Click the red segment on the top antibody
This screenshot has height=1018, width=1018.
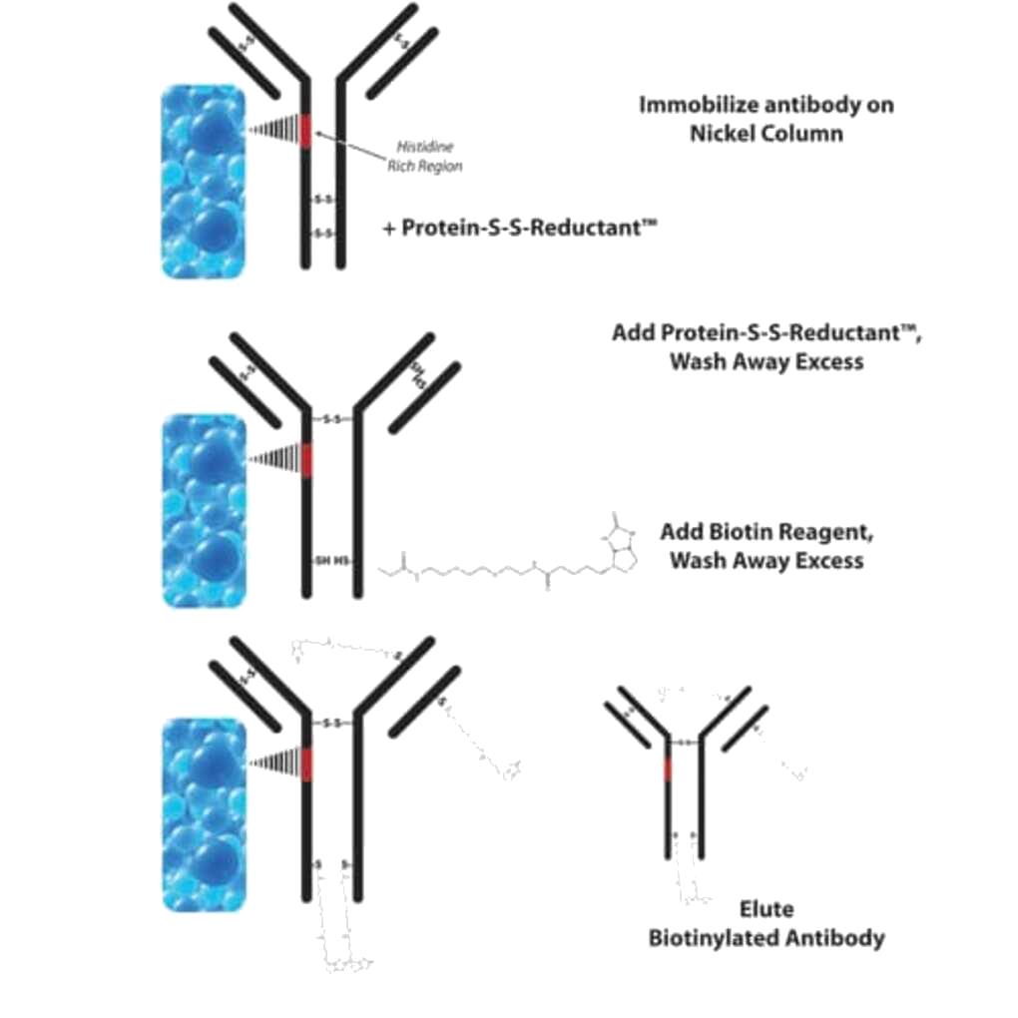(306, 133)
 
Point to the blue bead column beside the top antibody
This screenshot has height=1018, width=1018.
(203, 181)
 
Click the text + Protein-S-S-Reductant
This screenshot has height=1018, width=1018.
(519, 228)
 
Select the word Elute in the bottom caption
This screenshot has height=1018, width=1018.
(766, 909)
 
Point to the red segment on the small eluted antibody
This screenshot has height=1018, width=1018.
(667, 768)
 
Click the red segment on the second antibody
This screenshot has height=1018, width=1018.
(306, 460)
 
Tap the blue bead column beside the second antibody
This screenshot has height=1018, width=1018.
(203, 510)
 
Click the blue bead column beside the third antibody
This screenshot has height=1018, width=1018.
(203, 812)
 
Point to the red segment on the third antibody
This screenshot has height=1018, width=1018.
(306, 763)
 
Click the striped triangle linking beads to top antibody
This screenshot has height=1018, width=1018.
(274, 130)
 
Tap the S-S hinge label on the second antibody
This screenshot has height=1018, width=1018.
(332, 419)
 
